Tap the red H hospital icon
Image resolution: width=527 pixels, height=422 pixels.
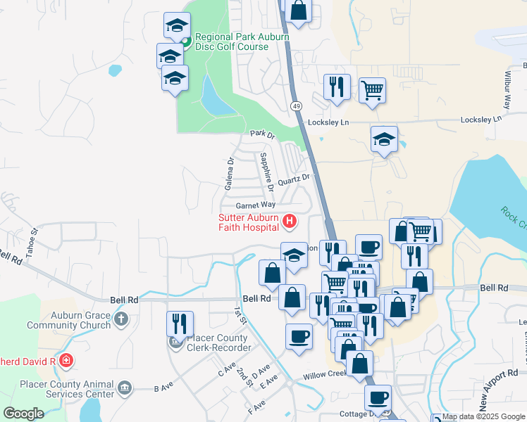coord(289,222)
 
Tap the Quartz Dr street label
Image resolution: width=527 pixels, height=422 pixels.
coord(294,180)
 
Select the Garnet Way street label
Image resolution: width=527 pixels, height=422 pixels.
coord(255,205)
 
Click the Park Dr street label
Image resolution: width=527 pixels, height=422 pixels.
coord(261,133)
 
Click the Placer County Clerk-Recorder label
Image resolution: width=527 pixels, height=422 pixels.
coord(218,343)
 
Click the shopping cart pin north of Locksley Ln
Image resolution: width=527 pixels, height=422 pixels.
coord(372,89)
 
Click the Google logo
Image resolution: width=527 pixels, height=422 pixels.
coord(23,414)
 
